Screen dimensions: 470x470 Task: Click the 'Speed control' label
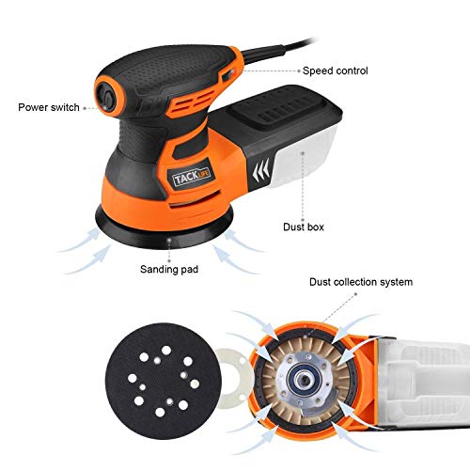[334, 70]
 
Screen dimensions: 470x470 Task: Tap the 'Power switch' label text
[50, 107]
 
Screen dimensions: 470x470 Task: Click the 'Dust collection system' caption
[360, 282]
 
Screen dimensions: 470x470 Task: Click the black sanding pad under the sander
[168, 223]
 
